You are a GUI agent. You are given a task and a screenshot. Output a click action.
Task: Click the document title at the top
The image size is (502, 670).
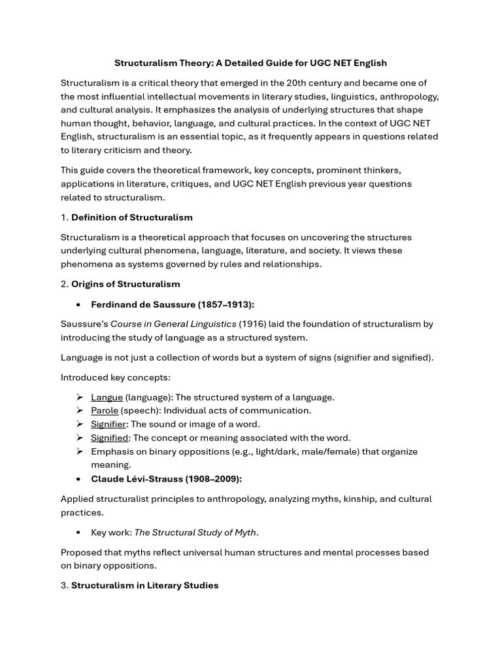[250, 63]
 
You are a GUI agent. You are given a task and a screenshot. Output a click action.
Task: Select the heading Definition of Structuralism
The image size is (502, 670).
[131, 217]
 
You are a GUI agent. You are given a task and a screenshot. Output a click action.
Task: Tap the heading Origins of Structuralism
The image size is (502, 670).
[125, 284]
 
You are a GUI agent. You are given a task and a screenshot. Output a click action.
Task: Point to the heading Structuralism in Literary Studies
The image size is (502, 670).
[144, 585]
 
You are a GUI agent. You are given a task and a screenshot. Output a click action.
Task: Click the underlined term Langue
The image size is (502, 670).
[107, 397]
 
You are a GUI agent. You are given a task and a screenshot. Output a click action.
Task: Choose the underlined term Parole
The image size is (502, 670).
[105, 410]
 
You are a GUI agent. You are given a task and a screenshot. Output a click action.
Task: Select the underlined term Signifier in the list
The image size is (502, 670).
[108, 424]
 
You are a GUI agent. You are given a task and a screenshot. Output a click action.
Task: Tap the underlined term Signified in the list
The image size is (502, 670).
[109, 438]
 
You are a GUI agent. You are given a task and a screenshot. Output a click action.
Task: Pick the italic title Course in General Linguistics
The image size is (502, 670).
[173, 324]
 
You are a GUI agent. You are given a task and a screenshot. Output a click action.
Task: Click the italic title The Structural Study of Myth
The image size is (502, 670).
[195, 532]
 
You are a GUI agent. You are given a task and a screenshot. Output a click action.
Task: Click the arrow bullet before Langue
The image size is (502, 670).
[79, 397]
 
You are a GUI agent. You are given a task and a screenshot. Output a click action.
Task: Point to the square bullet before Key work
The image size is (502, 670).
[78, 533]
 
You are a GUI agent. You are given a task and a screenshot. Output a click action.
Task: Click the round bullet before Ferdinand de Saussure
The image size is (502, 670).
[78, 304]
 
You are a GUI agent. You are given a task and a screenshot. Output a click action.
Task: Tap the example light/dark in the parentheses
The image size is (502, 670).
[270, 451]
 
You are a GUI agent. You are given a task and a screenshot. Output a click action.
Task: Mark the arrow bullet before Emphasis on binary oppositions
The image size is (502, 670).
[79, 451]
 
